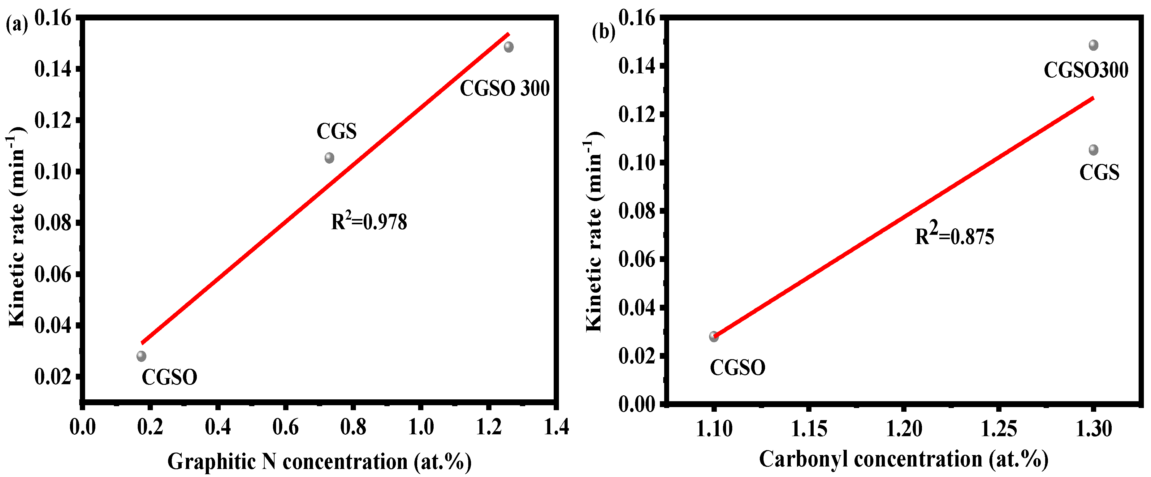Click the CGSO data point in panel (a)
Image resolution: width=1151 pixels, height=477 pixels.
point(141,356)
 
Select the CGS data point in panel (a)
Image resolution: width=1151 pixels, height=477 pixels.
point(329,158)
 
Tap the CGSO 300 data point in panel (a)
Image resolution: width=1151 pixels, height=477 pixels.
point(508,47)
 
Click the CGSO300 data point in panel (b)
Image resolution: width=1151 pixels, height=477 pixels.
point(1093,45)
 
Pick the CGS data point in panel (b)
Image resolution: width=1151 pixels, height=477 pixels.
point(1093,150)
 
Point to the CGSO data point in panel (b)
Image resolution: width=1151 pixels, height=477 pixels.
point(714,337)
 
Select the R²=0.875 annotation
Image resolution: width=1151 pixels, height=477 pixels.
point(954,235)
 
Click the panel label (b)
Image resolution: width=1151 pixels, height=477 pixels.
point(603,32)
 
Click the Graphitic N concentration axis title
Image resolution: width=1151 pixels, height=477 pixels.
point(319,461)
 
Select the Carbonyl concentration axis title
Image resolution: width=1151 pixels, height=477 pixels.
point(903,459)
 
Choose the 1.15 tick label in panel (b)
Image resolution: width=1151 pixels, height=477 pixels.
point(809,429)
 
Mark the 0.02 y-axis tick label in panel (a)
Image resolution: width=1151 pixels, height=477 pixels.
point(53,377)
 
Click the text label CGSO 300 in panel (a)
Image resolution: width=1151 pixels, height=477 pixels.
point(504,88)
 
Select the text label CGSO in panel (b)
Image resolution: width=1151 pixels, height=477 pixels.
point(737,367)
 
